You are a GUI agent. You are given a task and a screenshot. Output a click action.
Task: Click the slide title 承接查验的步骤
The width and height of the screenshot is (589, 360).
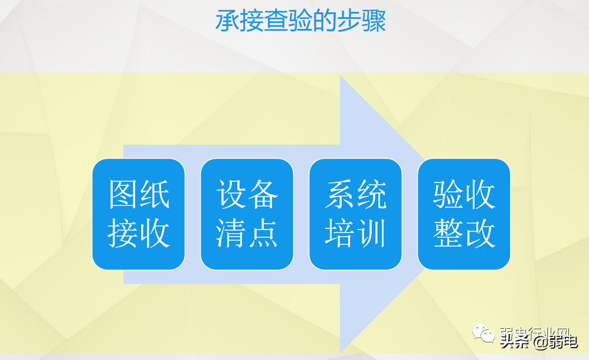300,21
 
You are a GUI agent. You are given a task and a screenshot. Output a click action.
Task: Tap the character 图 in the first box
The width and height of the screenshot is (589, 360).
123,195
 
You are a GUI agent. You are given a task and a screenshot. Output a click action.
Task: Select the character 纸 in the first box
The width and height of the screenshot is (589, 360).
155,195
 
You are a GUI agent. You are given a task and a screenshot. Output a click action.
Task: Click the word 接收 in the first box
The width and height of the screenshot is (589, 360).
139,233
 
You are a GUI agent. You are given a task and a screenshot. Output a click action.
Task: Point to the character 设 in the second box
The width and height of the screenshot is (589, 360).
231,195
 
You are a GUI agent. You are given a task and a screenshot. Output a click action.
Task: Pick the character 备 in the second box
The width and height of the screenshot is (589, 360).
263,195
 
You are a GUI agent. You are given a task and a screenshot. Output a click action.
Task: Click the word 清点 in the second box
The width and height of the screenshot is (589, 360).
247,233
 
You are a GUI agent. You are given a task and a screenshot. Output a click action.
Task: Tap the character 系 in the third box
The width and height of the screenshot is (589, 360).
340,195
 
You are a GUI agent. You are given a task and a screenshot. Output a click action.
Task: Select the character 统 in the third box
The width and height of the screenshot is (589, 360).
372,195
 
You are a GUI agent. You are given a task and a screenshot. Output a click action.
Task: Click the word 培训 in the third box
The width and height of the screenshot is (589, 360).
356,233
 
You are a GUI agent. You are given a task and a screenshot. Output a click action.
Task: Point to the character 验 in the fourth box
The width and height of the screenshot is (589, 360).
449,195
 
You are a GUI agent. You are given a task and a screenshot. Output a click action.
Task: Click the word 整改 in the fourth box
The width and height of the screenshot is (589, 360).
464,233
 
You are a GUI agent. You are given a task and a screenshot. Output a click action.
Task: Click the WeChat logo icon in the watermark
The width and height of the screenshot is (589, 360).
487,335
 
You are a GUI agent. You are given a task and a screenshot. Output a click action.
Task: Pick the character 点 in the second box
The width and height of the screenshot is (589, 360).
263,233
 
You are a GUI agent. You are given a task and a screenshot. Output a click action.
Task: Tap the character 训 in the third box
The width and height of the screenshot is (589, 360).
372,233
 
